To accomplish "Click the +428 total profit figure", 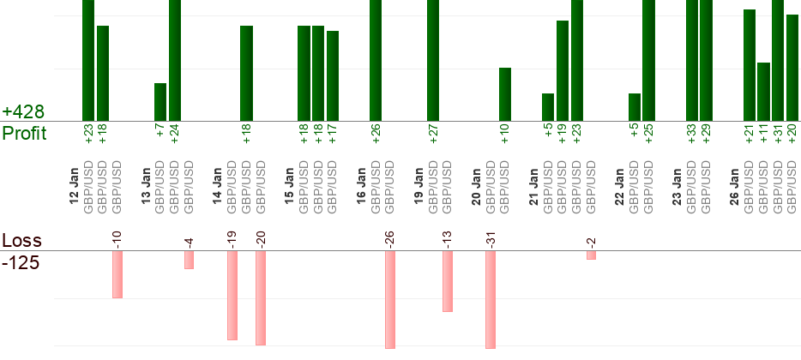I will tap(23, 112).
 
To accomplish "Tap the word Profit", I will tap(25, 134).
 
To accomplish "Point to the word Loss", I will tap(21, 240).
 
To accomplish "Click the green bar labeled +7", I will tap(160, 102).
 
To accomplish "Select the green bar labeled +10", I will tap(505, 94).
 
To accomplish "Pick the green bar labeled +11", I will tap(763, 92).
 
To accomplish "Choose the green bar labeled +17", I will tap(333, 75).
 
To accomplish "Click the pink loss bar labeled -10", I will tap(117, 274).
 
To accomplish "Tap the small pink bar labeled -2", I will tap(592, 255).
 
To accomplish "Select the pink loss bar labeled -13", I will tap(448, 281).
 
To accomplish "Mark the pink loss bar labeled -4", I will tap(189, 260).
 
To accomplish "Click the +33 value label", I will tap(692, 135).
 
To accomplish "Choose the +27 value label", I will tap(433, 135).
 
